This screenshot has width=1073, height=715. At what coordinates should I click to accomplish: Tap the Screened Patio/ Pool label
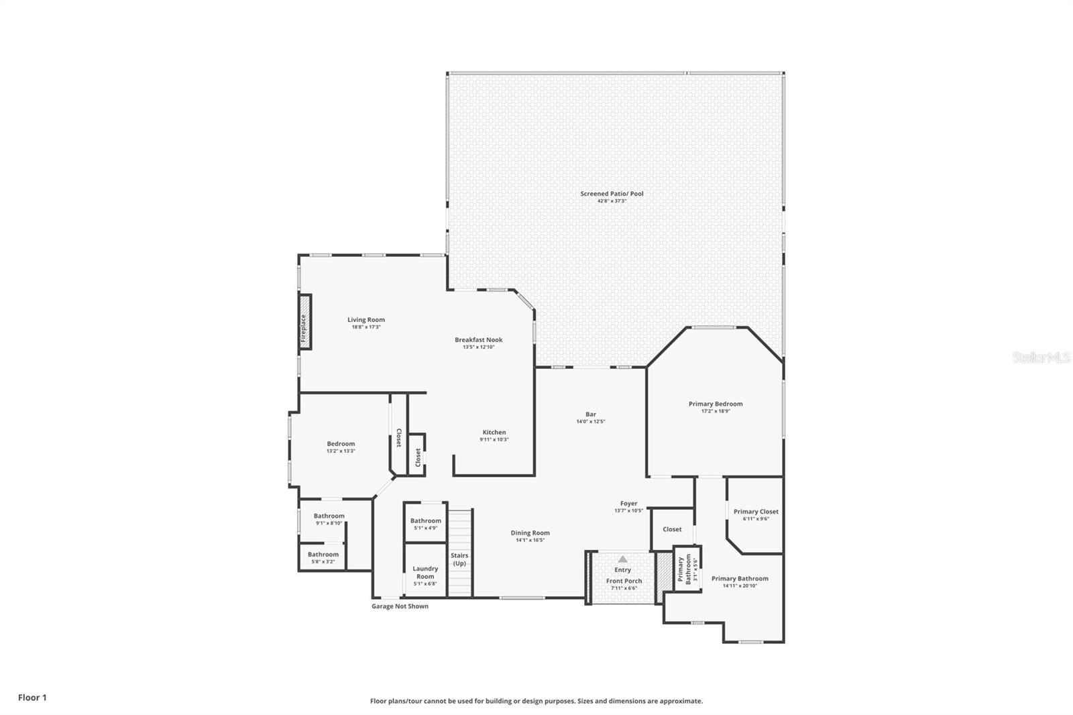coord(612,194)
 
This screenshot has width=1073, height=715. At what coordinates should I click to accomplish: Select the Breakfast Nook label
coord(478,339)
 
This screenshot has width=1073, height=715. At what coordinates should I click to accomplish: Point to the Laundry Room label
coord(425,572)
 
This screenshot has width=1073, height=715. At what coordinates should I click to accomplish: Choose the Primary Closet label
coord(756,512)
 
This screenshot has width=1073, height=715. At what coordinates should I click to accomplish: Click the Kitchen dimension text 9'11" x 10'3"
coord(494,440)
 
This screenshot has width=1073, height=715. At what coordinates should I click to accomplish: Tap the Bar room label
coord(591,415)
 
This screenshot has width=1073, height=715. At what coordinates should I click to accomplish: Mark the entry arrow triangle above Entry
coord(622,559)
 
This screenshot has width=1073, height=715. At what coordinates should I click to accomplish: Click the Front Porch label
coord(624,581)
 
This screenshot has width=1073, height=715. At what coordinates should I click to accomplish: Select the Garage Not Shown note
coord(400,606)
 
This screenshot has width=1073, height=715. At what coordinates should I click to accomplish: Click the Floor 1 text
coord(32,698)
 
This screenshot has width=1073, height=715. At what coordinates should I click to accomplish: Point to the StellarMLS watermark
coord(1041,358)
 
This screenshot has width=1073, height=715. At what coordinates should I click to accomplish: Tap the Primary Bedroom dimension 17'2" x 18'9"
coord(716,411)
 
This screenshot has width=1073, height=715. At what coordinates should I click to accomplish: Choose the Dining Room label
coord(530,533)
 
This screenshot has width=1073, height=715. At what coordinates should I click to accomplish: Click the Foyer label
coord(628,504)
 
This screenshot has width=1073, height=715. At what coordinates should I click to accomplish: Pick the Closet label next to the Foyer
coord(672,529)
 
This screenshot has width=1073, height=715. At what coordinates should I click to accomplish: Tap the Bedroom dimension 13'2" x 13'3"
coord(341,451)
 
